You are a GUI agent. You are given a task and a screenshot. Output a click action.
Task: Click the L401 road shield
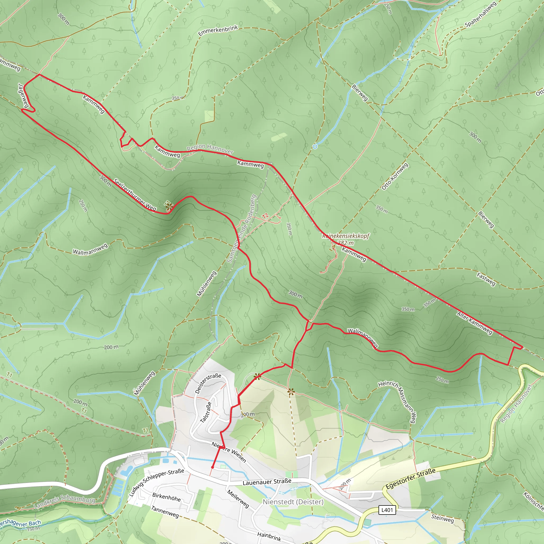pos(387,510)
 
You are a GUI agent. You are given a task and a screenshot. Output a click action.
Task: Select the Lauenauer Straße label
pos(267,482)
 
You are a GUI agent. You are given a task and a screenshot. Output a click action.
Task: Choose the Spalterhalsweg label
pos(480,15)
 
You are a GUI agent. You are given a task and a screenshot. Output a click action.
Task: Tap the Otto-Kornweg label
pos(395,177)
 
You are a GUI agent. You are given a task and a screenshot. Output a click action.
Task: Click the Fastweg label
pos(486,279)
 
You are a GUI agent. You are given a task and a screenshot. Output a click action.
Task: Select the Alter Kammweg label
pos(474,323)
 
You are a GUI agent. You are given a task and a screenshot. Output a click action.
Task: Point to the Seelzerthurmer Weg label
pos(135,194)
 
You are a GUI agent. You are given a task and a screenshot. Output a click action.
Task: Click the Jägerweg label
pos(23,95)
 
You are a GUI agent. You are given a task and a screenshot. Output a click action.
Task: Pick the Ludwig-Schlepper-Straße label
pos(156,482)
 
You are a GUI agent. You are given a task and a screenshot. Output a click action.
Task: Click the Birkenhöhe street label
pos(166,497)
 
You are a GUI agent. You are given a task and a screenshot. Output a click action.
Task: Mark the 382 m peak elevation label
pos(346,243)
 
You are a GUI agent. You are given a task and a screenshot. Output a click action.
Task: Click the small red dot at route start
pos(212,467)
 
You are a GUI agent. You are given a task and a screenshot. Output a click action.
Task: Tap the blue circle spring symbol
pos(315,147)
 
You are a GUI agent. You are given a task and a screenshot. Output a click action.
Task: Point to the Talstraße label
pos(206,412)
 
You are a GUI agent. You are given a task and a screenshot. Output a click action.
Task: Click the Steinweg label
pos(442,518)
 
